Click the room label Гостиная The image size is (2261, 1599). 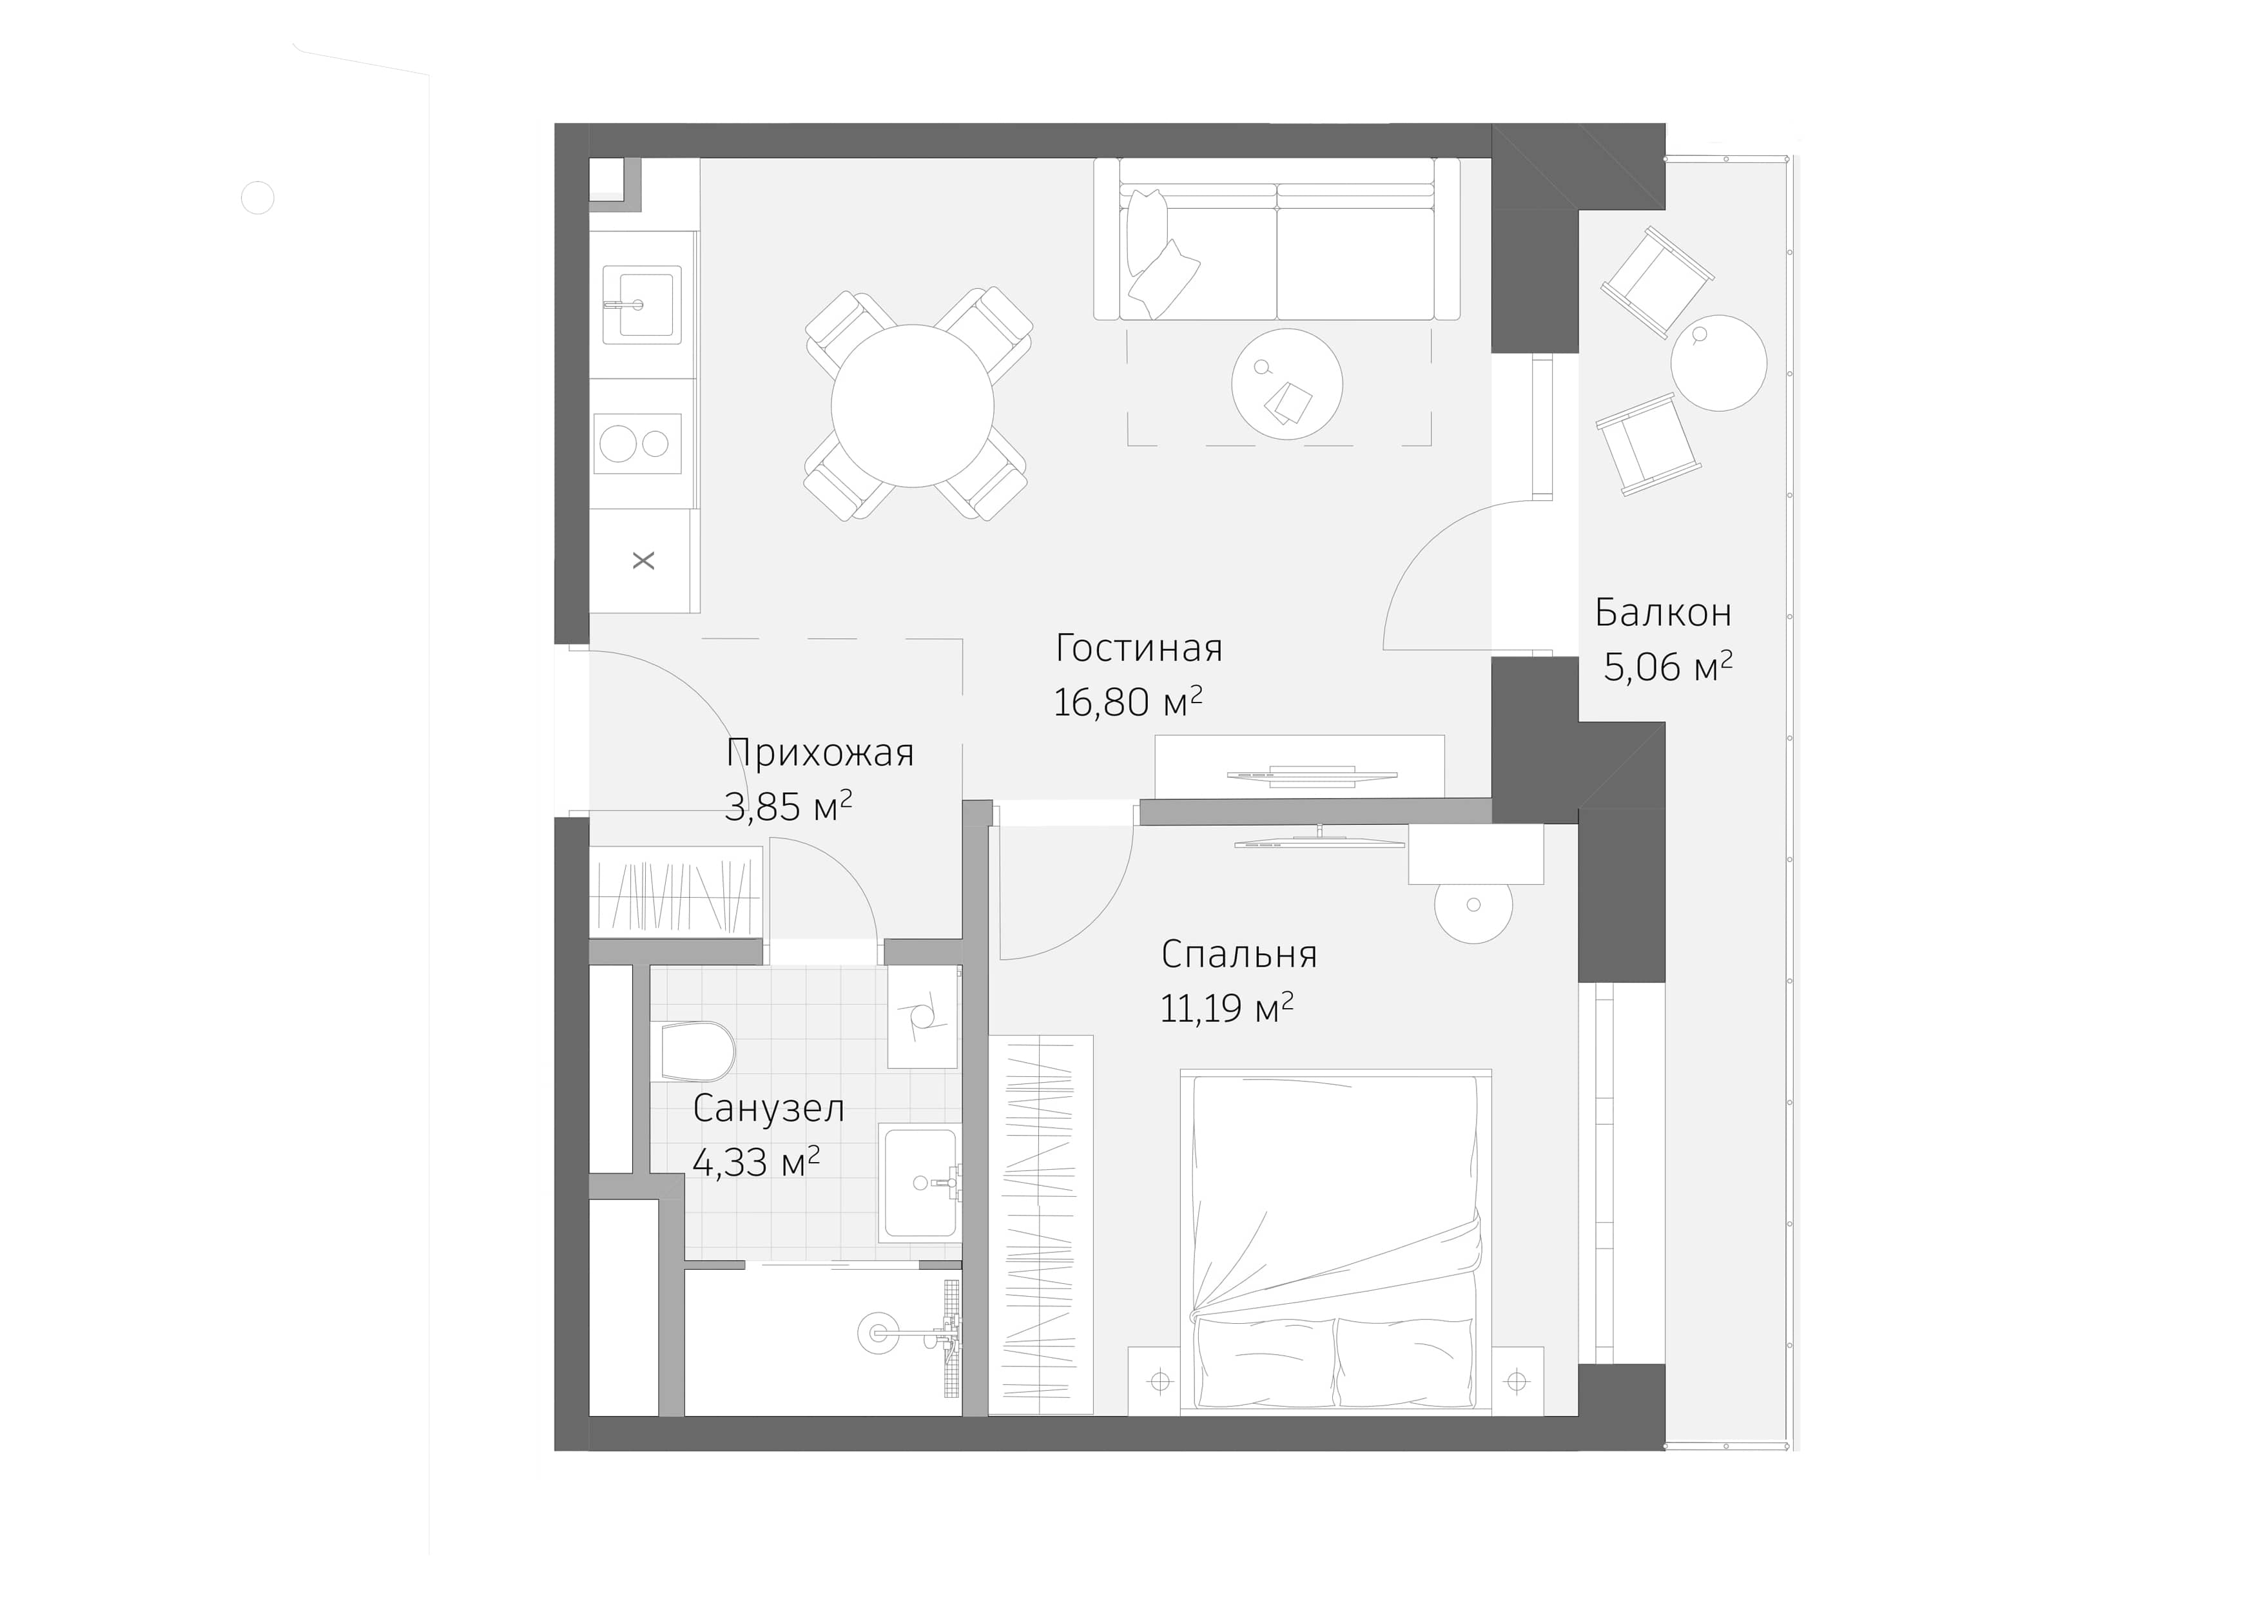click(x=1138, y=648)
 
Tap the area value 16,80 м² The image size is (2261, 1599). click(x=1127, y=702)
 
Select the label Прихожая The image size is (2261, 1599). click(x=819, y=753)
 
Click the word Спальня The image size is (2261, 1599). click(x=1239, y=954)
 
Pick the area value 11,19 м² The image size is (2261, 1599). click(x=1226, y=1008)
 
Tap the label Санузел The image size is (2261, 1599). click(x=768, y=1109)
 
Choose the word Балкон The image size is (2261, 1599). click(x=1664, y=612)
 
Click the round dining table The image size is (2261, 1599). click(x=912, y=405)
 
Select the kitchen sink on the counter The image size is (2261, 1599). click(x=642, y=304)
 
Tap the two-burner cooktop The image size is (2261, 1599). click(x=638, y=443)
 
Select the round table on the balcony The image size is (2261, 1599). click(x=1718, y=362)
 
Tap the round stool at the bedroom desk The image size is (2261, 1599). click(x=1473, y=906)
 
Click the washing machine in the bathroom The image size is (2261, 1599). click(x=924, y=1016)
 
